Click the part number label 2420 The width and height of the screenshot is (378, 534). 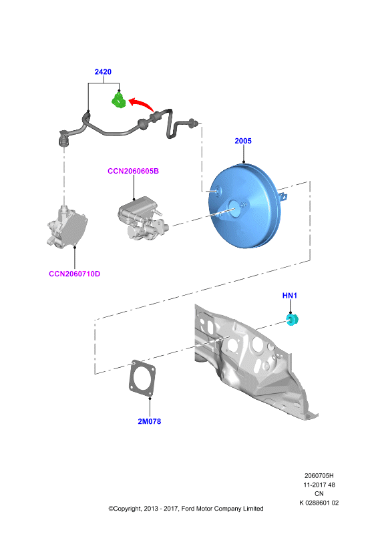pos(103,72)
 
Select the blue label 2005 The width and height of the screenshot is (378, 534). pos(243,141)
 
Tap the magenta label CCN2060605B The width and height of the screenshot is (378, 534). pos(134,171)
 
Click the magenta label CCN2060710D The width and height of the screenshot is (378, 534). pos(75,274)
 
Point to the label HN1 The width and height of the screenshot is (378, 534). pos(290,296)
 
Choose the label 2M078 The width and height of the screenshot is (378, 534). pos(150,421)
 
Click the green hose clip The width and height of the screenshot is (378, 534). pos(119,101)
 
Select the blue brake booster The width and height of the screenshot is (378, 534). pos(243,206)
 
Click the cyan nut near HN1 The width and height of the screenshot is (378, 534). pos(292,320)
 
